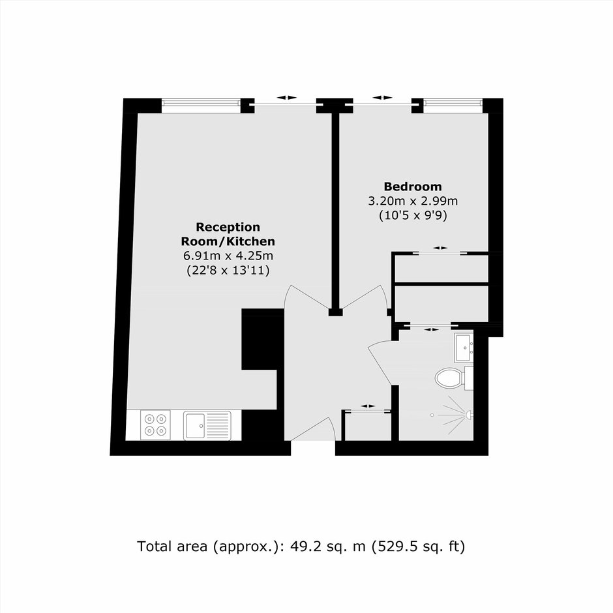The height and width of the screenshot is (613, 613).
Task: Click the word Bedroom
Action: pos(413,187)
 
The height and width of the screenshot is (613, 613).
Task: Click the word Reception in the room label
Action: pos(228,227)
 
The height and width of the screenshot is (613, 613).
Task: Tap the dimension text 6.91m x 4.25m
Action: pos(228,256)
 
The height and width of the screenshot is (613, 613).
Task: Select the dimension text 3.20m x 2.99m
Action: pos(413,201)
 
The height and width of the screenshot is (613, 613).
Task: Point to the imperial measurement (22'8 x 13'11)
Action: pos(228,271)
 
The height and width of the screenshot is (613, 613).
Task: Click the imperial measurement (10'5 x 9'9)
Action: pos(413,215)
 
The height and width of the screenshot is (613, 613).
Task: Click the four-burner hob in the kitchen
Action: pos(155,425)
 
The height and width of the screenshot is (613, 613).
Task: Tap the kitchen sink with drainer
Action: pos(207,425)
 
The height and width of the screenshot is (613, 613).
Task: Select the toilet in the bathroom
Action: pos(454,378)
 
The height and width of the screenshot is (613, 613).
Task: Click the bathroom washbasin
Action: pos(464,348)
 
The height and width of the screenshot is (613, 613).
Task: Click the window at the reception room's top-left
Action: pos(201,103)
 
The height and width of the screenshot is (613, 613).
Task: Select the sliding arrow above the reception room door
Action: pos(286,98)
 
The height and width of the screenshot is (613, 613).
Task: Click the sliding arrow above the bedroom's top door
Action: pos(382,98)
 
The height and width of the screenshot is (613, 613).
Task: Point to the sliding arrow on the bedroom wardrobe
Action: pos(440,248)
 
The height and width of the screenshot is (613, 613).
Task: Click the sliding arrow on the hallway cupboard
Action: pos(368,406)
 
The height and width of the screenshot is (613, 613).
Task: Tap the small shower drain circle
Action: pos(432,415)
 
